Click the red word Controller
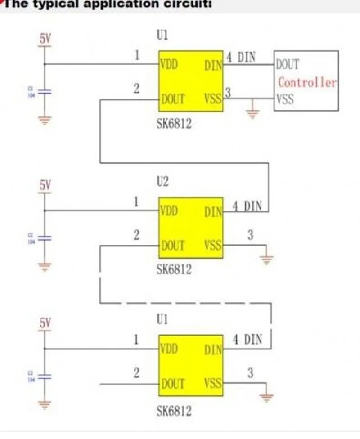pos(307,83)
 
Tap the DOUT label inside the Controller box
pos(287,64)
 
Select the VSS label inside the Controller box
pos(285,99)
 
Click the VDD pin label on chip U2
pos(169,211)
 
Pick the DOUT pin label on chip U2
pos(173,245)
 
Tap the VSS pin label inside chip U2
pos(213,245)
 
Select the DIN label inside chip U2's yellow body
pos(213,211)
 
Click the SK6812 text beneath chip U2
pos(174,269)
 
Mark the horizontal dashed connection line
pos(184,303)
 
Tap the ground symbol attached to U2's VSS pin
pos(267,258)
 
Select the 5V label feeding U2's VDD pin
pos(45,185)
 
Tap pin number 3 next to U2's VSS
pos(251,234)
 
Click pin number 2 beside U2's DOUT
pos(136,235)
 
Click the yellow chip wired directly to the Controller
pos(191,81)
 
